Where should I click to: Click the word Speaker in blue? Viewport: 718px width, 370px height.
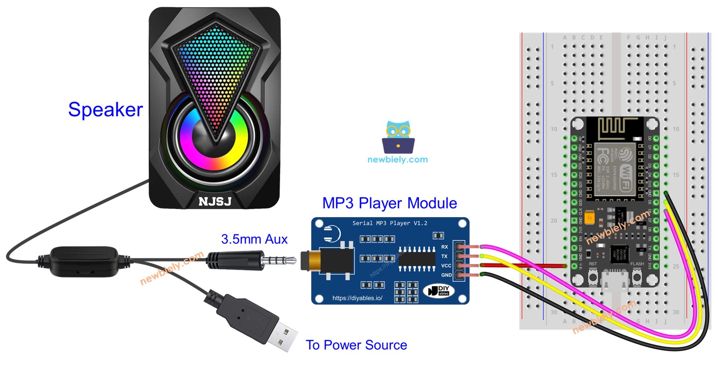point(105,110)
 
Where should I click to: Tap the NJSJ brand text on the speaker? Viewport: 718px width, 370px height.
point(214,201)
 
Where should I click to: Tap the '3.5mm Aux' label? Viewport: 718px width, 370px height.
point(254,239)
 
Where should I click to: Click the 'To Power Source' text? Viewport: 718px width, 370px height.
point(356,345)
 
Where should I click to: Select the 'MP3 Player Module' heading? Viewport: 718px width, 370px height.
point(389,203)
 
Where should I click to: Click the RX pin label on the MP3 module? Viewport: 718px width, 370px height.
point(445,246)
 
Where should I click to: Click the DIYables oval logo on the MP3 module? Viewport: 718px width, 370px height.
point(438,290)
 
